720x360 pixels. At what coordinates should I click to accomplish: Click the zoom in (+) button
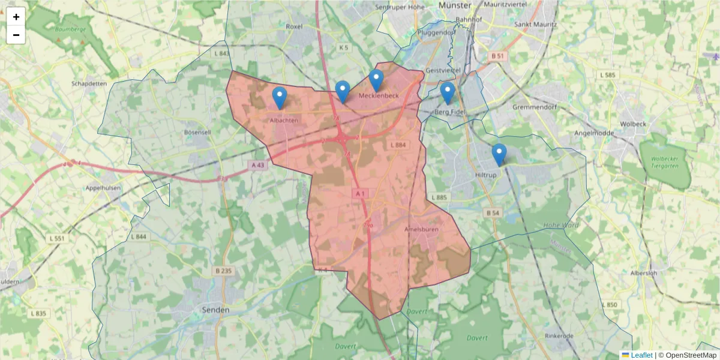coord(16,17)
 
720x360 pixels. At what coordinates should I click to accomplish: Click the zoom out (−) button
coord(16,35)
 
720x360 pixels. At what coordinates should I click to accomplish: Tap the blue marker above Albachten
coord(280,97)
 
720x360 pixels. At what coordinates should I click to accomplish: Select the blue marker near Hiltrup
coord(499,154)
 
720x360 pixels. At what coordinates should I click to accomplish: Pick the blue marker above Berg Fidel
coord(447,92)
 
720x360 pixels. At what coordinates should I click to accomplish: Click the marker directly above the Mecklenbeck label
coord(376,80)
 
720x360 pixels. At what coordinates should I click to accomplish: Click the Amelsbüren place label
coord(422,229)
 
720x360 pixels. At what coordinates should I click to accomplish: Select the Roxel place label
coord(295,26)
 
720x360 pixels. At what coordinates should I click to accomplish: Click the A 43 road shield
coord(257,164)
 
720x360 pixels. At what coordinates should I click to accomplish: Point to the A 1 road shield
coord(360,193)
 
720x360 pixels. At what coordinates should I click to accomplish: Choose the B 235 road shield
coord(223,271)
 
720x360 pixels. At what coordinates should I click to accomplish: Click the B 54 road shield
coord(493,213)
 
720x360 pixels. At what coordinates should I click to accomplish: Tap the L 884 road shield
coord(398,145)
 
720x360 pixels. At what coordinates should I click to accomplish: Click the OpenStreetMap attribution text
coord(691,355)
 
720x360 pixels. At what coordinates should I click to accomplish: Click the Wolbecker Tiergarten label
coord(663,163)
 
